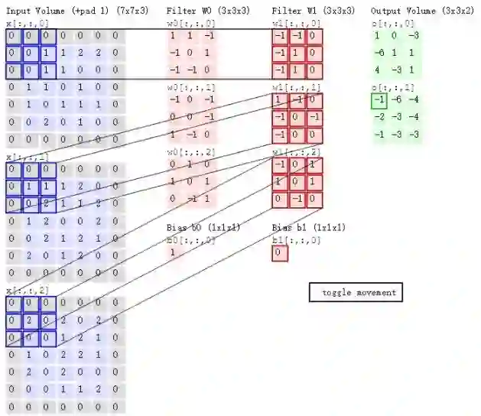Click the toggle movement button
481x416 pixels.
(x=356, y=292)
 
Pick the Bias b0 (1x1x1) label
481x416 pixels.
(x=203, y=228)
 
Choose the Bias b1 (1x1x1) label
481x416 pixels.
(x=308, y=228)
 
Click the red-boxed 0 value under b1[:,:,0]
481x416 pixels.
(x=280, y=253)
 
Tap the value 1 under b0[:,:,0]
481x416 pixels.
(x=173, y=252)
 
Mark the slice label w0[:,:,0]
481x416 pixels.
(x=191, y=23)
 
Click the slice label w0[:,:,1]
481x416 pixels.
(x=191, y=87)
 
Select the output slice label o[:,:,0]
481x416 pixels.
(x=393, y=23)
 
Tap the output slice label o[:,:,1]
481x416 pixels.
(x=393, y=87)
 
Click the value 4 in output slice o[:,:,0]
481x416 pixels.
(x=377, y=70)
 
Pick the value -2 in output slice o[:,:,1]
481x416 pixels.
(x=378, y=117)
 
